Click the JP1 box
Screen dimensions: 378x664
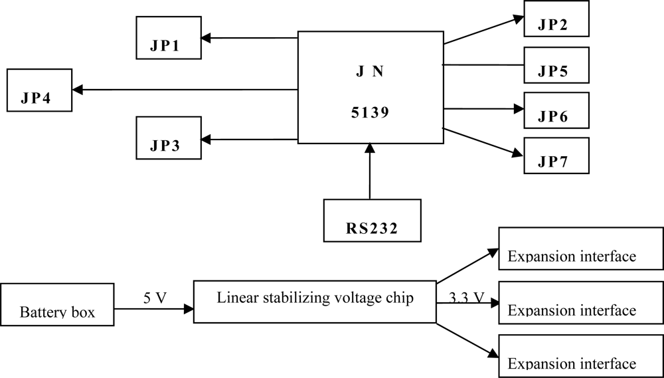click(x=168, y=37)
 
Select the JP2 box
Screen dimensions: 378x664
click(x=556, y=19)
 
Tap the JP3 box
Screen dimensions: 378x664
click(x=168, y=138)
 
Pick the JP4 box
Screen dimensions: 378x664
click(x=39, y=90)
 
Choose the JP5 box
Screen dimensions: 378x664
click(x=556, y=64)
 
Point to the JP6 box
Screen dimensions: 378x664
click(x=556, y=110)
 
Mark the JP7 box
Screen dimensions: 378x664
click(x=556, y=155)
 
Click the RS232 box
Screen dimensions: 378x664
click(x=372, y=221)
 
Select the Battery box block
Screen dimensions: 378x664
click(x=57, y=305)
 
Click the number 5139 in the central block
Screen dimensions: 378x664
click(x=370, y=113)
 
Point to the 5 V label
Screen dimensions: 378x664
click(x=155, y=298)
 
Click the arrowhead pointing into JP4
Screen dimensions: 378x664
click(x=78, y=90)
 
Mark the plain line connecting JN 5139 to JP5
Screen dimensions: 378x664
click(x=483, y=65)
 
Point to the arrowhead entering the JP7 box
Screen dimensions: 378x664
click(x=518, y=153)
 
